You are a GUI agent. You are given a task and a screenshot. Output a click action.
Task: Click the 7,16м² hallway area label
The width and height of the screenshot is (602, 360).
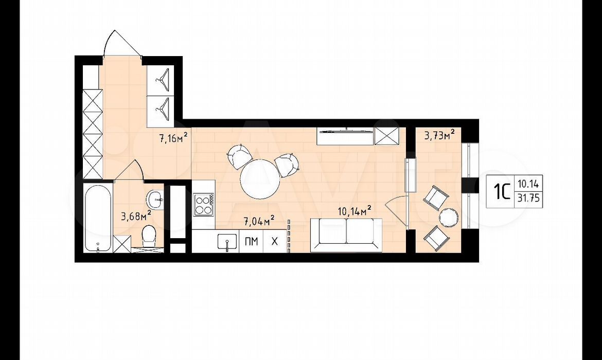(174, 137)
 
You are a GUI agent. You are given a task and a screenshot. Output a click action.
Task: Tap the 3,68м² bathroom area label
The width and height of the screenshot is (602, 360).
(136, 215)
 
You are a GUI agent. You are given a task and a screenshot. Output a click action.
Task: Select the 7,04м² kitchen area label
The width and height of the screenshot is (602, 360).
(259, 221)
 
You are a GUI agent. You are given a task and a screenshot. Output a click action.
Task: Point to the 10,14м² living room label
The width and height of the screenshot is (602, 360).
(355, 211)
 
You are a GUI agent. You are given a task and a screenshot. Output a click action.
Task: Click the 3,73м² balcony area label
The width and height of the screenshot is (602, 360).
(439, 135)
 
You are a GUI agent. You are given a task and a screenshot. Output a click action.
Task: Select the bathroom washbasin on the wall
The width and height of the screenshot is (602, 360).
(155, 198)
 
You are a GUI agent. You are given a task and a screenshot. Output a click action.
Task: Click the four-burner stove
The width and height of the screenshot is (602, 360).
(204, 205)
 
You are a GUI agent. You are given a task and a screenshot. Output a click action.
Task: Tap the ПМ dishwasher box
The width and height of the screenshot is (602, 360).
(251, 241)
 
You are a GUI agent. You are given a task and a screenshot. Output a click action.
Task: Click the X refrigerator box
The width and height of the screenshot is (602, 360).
(275, 241)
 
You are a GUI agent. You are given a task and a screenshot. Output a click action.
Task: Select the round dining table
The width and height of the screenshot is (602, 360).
(260, 179)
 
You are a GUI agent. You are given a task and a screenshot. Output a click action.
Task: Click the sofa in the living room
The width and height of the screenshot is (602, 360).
(346, 235)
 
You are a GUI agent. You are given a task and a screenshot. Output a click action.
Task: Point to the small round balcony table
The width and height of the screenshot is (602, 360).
(449, 217)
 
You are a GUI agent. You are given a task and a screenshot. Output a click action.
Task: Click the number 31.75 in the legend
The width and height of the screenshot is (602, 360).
(528, 199)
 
